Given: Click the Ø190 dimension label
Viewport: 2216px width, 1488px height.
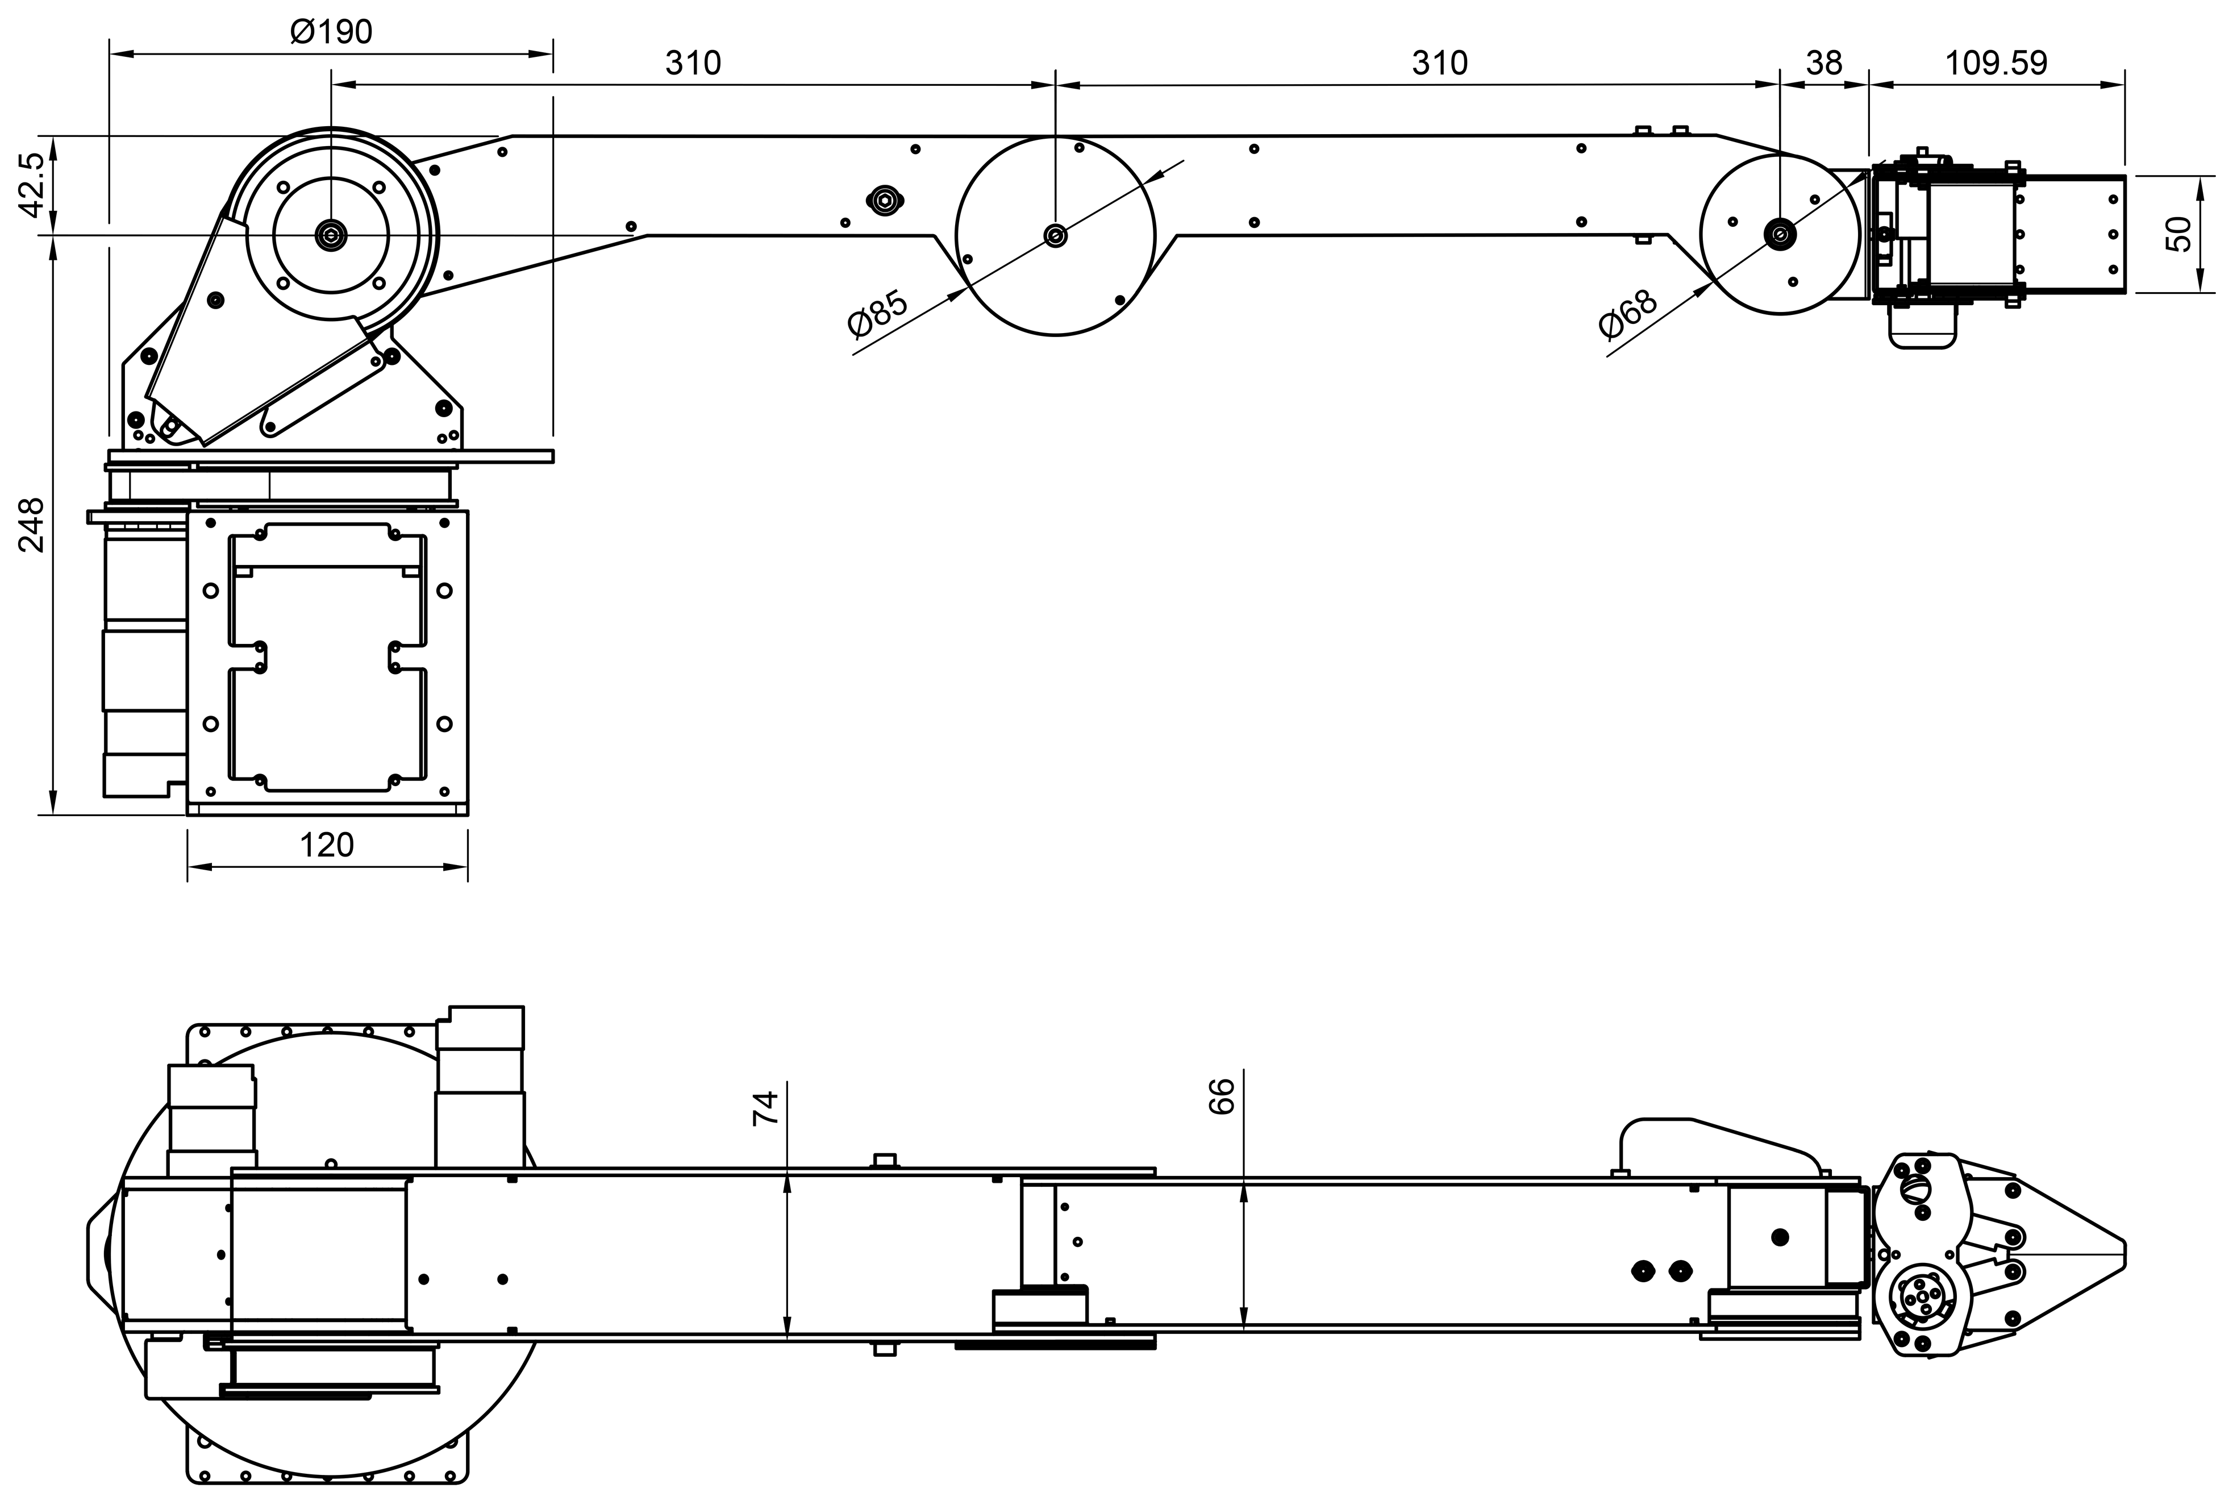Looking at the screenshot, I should [331, 32].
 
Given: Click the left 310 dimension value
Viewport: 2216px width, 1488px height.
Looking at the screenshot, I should [693, 64].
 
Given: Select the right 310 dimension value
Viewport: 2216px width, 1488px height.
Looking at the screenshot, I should [1439, 64].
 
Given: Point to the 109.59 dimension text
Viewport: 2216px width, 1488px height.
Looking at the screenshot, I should [1996, 64].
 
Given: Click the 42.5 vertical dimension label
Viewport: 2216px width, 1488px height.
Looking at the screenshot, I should [31, 185].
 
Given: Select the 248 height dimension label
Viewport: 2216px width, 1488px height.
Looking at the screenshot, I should [31, 525].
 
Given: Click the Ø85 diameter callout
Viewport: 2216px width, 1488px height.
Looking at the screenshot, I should [877, 313].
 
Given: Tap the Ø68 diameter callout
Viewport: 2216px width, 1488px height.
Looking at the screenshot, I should [1628, 313].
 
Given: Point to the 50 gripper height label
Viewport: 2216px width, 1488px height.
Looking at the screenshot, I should [2181, 234].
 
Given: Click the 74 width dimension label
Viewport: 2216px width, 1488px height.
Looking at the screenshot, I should [765, 1108].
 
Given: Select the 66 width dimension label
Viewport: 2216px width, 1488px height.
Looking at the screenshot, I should [1223, 1096].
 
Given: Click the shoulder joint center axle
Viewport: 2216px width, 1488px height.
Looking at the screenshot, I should [331, 234].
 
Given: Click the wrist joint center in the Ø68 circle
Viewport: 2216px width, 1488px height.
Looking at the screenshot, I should [1778, 234].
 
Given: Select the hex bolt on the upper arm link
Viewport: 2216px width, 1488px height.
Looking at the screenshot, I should [884, 200].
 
